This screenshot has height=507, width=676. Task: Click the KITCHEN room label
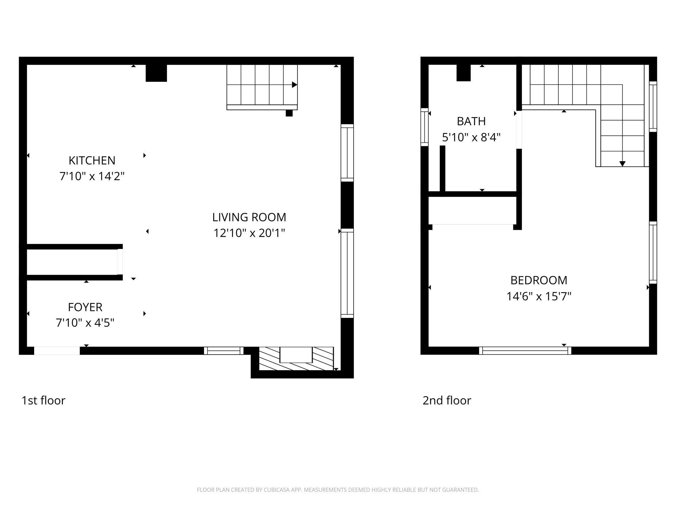[92, 161]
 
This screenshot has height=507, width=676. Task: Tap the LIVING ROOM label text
[249, 217]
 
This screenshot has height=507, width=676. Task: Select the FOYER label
[85, 307]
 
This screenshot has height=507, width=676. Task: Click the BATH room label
[471, 121]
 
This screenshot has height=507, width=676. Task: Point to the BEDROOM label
[539, 280]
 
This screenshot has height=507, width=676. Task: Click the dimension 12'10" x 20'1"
[249, 233]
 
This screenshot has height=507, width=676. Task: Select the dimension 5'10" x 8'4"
[471, 137]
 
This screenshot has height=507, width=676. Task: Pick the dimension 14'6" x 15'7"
[539, 296]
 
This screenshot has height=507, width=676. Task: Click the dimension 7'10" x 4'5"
[85, 323]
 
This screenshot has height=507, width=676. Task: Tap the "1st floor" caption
[43, 400]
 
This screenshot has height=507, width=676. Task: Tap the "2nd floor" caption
[447, 400]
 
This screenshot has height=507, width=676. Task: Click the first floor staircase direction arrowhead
[294, 85]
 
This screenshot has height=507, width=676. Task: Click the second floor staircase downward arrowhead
[622, 164]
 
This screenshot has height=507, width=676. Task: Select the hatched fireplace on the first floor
[296, 359]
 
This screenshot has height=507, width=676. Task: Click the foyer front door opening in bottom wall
[57, 351]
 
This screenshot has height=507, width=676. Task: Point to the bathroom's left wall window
[424, 127]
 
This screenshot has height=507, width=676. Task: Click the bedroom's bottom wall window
[525, 351]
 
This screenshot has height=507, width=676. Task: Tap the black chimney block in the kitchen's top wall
[156, 73]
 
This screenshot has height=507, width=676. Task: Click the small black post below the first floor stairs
[289, 113]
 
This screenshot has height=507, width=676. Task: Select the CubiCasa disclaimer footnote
[338, 490]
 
